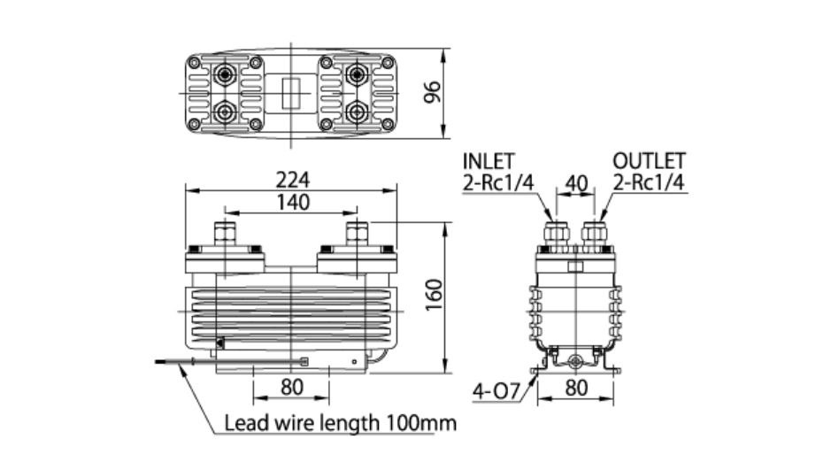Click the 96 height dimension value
point(433,92)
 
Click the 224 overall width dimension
point(291,179)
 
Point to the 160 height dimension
point(433,296)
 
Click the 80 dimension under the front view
point(291,387)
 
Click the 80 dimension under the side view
point(576,387)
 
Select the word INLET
point(489,162)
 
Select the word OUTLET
point(650,162)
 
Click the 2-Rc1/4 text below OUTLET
point(650,183)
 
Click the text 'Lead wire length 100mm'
point(340,423)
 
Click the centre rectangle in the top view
point(291,92)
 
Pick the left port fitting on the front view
point(226,234)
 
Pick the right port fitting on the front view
point(357,234)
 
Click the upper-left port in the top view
point(226,73)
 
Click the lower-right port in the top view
point(357,112)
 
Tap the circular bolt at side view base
point(576,362)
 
